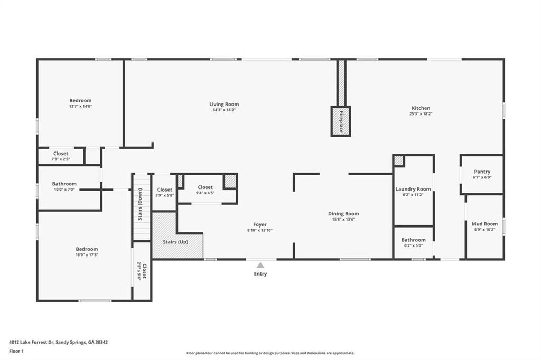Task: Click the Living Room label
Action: tap(224, 104)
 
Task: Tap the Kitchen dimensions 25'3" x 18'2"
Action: tap(421, 114)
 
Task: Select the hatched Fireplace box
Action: tap(341, 121)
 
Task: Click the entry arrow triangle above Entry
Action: tap(260, 266)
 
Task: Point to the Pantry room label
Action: tap(482, 172)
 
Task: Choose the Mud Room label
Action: tap(484, 224)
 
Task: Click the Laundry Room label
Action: tap(413, 189)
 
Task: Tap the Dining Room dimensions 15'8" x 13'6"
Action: tap(343, 220)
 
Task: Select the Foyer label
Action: tap(259, 224)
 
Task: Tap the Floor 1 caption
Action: tap(16, 351)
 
